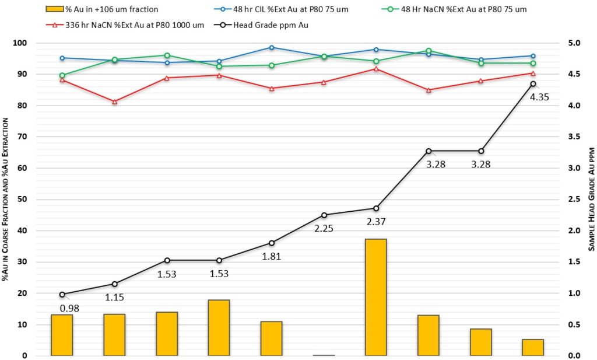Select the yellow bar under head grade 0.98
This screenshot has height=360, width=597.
point(62,335)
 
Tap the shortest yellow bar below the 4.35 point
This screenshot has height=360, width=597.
point(533,347)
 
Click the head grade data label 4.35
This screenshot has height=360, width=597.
point(539,97)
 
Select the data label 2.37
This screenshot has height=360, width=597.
point(376,221)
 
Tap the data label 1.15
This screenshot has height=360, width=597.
point(114,297)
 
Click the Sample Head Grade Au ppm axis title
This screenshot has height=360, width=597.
point(591,199)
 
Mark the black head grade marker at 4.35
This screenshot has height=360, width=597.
point(533,84)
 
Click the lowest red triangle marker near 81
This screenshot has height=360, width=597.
point(114,102)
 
